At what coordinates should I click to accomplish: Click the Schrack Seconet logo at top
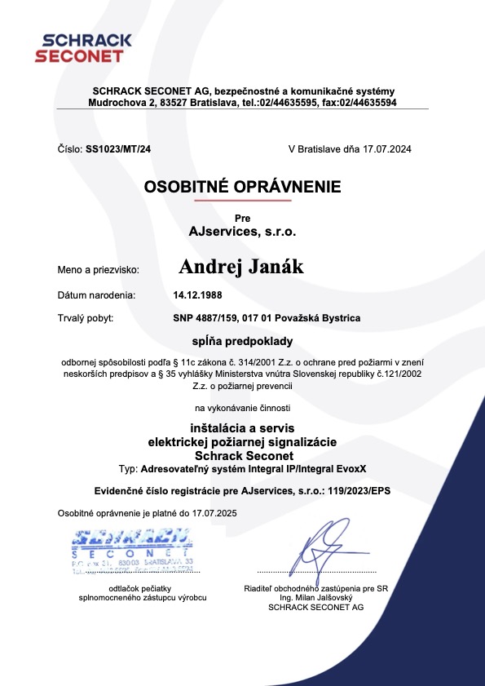(79, 48)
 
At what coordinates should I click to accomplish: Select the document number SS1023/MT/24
(118, 149)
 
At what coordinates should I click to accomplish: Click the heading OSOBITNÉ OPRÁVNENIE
(242, 187)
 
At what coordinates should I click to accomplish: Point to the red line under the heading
(242, 200)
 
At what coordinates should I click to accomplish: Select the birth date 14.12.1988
(198, 294)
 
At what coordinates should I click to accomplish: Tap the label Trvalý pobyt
(86, 318)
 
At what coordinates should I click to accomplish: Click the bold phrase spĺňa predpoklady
(242, 340)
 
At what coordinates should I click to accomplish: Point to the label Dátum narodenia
(97, 294)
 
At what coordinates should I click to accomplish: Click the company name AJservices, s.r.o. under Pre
(242, 232)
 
